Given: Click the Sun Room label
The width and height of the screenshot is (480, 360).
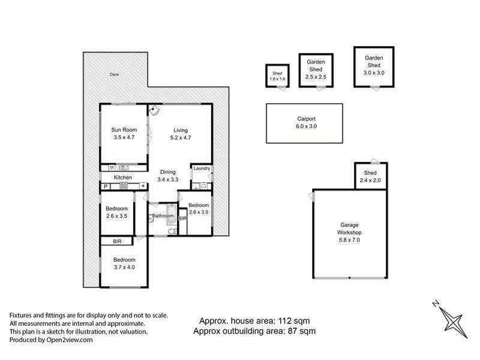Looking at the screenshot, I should pos(124,130).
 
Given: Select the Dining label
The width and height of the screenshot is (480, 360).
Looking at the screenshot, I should pos(167,172).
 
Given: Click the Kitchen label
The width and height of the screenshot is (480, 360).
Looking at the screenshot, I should pos(123,178).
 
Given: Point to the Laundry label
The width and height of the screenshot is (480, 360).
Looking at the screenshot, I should pos(202,169).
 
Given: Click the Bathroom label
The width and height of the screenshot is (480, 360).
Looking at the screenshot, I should pos(163,215).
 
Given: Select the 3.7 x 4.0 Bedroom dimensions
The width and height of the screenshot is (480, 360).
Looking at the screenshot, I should pos(124,267).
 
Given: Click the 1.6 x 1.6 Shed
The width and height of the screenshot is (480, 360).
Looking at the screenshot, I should pos(277,76).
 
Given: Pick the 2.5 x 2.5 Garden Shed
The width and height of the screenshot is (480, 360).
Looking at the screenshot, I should pos(316,69).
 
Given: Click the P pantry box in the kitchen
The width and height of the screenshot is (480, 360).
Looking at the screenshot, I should pos(106,187).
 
